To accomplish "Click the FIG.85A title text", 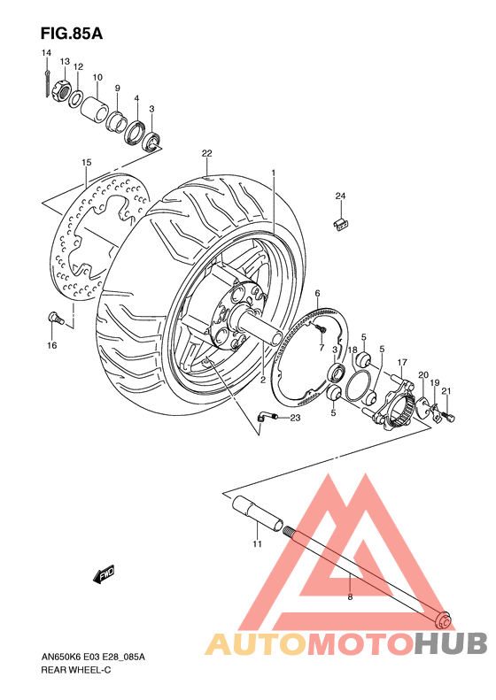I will click(72, 35).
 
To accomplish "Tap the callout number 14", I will click(45, 54).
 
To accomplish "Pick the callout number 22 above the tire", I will click(206, 153).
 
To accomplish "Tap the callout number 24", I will click(339, 195).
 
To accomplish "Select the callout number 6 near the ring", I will click(317, 294).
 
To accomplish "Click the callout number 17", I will click(401, 362).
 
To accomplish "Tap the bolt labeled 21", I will click(449, 412).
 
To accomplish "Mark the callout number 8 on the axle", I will click(350, 598).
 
